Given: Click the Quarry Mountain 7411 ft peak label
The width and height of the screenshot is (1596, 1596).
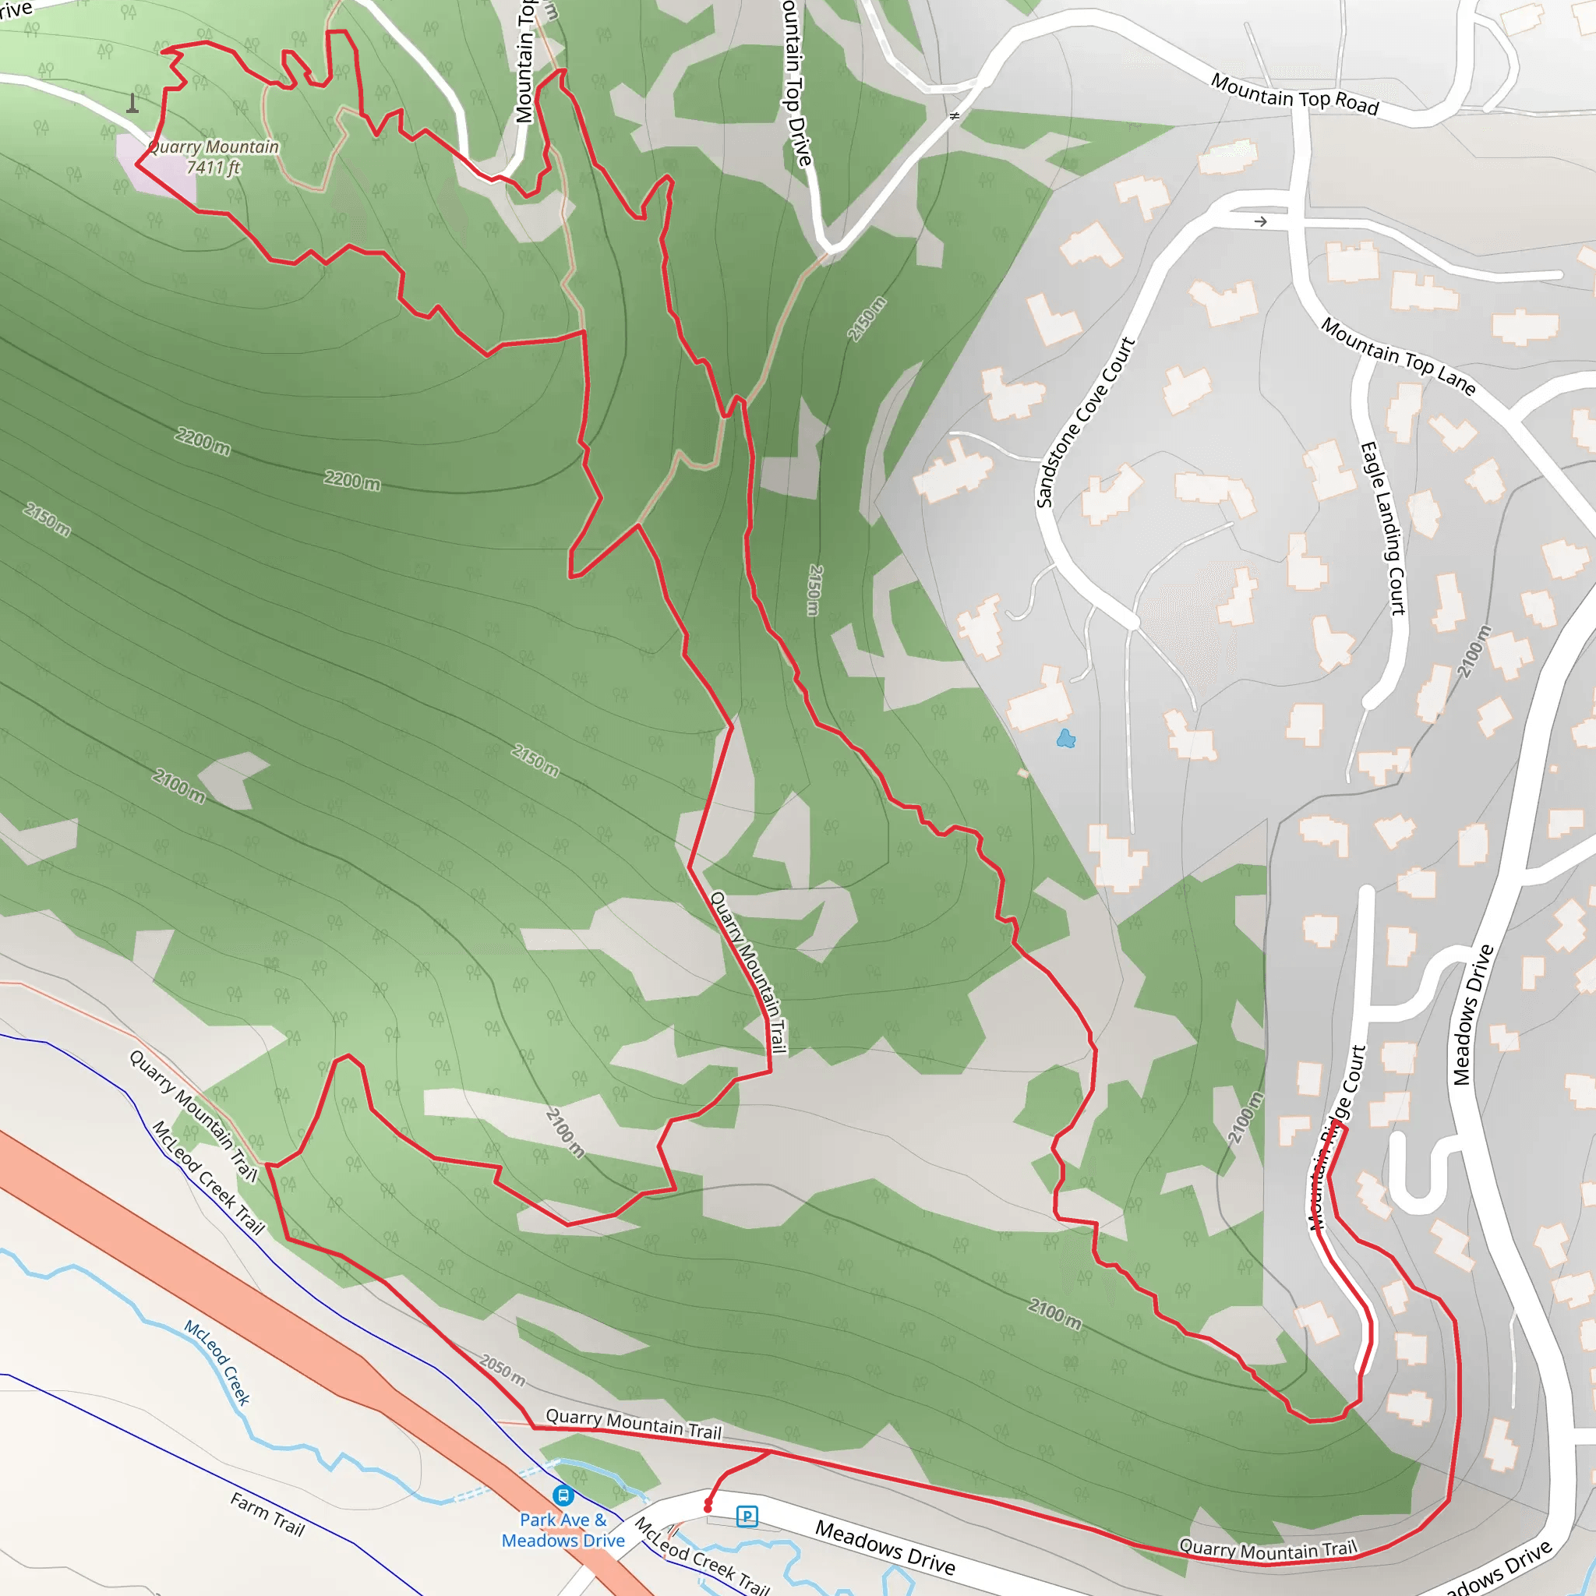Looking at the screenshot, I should (213, 157).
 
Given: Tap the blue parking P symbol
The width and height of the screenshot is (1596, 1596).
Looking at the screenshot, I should (747, 1516).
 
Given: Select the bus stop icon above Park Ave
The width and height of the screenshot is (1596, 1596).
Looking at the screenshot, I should (563, 1495).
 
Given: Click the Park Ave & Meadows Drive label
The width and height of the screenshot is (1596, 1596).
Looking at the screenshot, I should (563, 1530).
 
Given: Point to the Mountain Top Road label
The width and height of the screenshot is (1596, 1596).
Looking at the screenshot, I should (1294, 94).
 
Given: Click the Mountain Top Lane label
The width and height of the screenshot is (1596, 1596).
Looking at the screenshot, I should (1398, 356).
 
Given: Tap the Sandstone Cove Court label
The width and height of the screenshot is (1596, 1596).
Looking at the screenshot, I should (1086, 422).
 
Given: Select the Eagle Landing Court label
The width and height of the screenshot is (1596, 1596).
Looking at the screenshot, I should (1383, 528).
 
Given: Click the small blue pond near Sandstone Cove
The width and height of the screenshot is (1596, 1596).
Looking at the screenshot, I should (1065, 739).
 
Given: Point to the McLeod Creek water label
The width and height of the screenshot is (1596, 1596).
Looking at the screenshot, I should (217, 1363).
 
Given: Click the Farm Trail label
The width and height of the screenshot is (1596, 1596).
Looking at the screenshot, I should (267, 1514).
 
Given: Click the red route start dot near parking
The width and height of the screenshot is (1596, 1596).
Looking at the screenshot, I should (708, 1509).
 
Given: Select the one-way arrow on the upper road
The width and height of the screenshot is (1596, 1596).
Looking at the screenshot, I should (1261, 221).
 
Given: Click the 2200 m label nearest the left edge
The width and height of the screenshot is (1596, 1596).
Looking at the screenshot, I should (203, 441).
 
